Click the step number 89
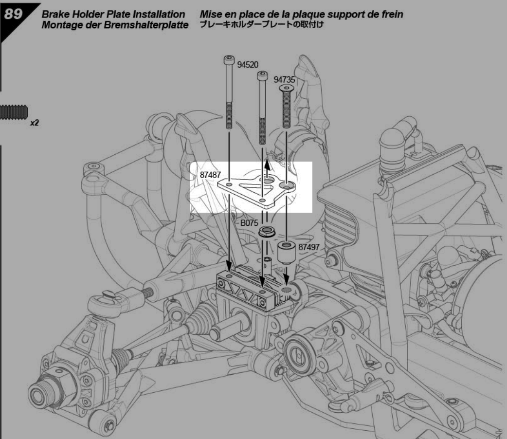pos(13,14)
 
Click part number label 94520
pos(248,65)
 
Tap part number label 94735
pos(284,80)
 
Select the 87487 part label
pos(210,175)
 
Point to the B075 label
pos(249,223)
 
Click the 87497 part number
pos(309,247)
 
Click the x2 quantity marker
pos(34,123)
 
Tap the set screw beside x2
pos(14,112)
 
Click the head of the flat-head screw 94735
pos(286,88)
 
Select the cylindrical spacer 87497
pos(287,252)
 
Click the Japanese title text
pos(262,25)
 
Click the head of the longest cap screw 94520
pos(229,60)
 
